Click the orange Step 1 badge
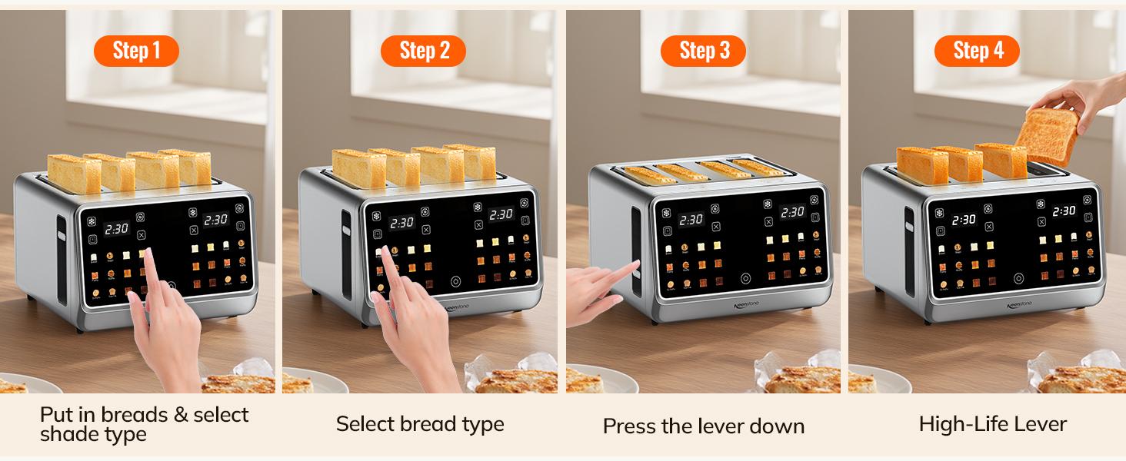click(136, 51)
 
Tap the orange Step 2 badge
click(423, 51)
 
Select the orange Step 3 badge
click(704, 51)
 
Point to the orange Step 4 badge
click(978, 51)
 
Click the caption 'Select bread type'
click(420, 424)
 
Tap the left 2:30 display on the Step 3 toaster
click(691, 220)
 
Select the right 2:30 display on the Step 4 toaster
click(1064, 211)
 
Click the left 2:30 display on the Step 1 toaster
click(117, 229)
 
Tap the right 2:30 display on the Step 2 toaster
click(501, 214)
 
